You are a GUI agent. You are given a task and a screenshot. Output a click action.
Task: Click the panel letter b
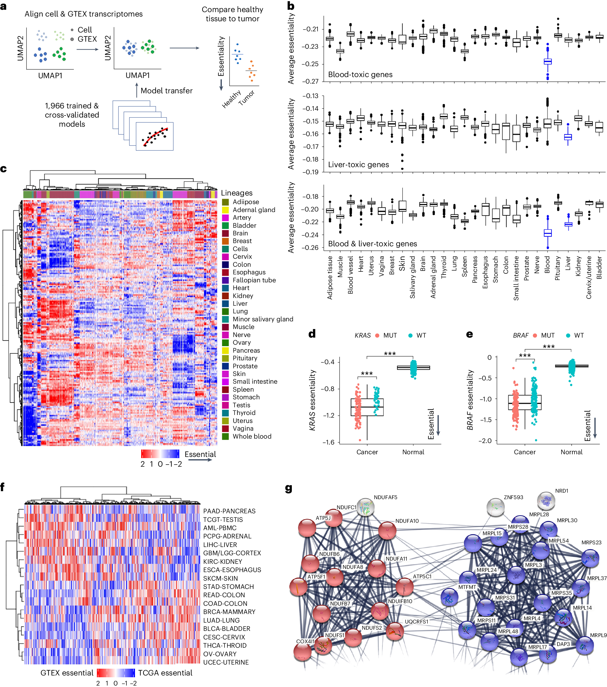coord(291,6)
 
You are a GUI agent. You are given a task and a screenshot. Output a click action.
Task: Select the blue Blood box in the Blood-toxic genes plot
coord(548,61)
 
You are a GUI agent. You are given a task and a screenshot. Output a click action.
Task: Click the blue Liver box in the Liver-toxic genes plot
coord(568,137)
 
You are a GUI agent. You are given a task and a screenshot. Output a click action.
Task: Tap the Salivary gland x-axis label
coord(412,277)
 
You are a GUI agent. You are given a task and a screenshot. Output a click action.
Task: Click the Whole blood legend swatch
coord(225,436)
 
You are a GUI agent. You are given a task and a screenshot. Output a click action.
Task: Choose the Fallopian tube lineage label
coord(254,280)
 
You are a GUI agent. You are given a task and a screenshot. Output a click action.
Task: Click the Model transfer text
coord(166,91)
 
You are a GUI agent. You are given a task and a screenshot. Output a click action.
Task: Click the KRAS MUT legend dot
coord(377,336)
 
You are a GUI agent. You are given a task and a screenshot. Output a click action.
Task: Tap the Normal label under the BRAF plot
coord(571,452)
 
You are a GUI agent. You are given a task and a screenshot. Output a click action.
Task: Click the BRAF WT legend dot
coord(568,336)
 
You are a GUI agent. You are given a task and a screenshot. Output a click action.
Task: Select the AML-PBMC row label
coord(219,528)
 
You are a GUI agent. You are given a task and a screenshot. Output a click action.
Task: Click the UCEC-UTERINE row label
coord(226,662)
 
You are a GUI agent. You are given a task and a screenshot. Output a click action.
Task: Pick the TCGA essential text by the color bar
coord(165,673)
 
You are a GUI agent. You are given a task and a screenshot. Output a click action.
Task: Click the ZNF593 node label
coord(513,497)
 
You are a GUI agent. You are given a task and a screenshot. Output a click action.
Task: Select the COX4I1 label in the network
coord(305,641)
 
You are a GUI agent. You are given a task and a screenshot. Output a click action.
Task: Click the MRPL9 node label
coord(598,635)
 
